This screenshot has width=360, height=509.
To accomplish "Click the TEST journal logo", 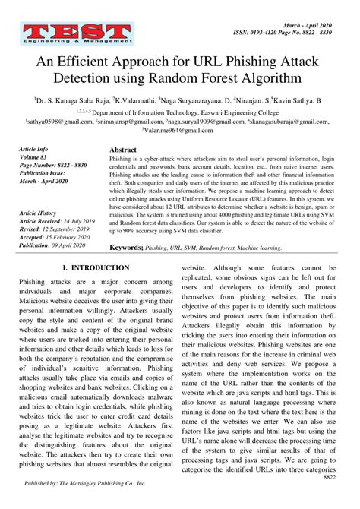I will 76,32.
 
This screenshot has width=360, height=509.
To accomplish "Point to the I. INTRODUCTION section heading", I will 96,268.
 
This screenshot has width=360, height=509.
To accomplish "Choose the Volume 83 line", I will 35,157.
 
